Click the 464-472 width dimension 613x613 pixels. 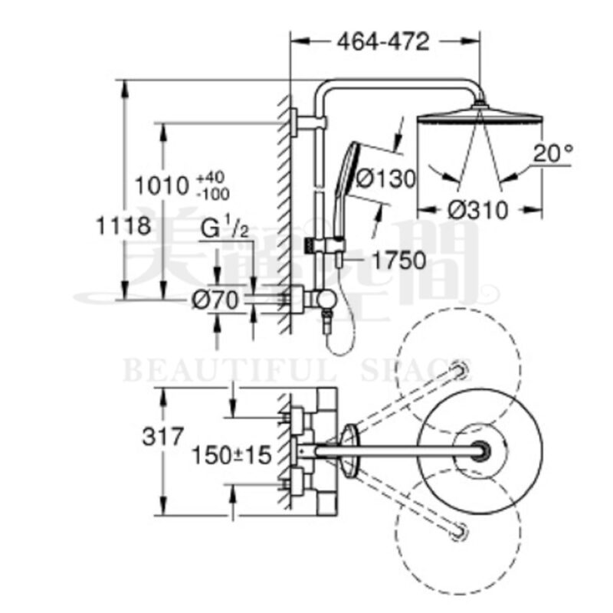tap(383, 42)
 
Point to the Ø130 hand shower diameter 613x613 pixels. tap(385, 179)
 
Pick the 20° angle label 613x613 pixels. tap(553, 152)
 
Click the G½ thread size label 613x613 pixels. tap(225, 228)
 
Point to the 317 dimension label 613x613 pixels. tap(162, 437)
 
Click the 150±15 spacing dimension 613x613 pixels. tap(232, 457)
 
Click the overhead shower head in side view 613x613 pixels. tap(480, 119)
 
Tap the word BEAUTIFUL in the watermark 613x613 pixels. tap(230, 373)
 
